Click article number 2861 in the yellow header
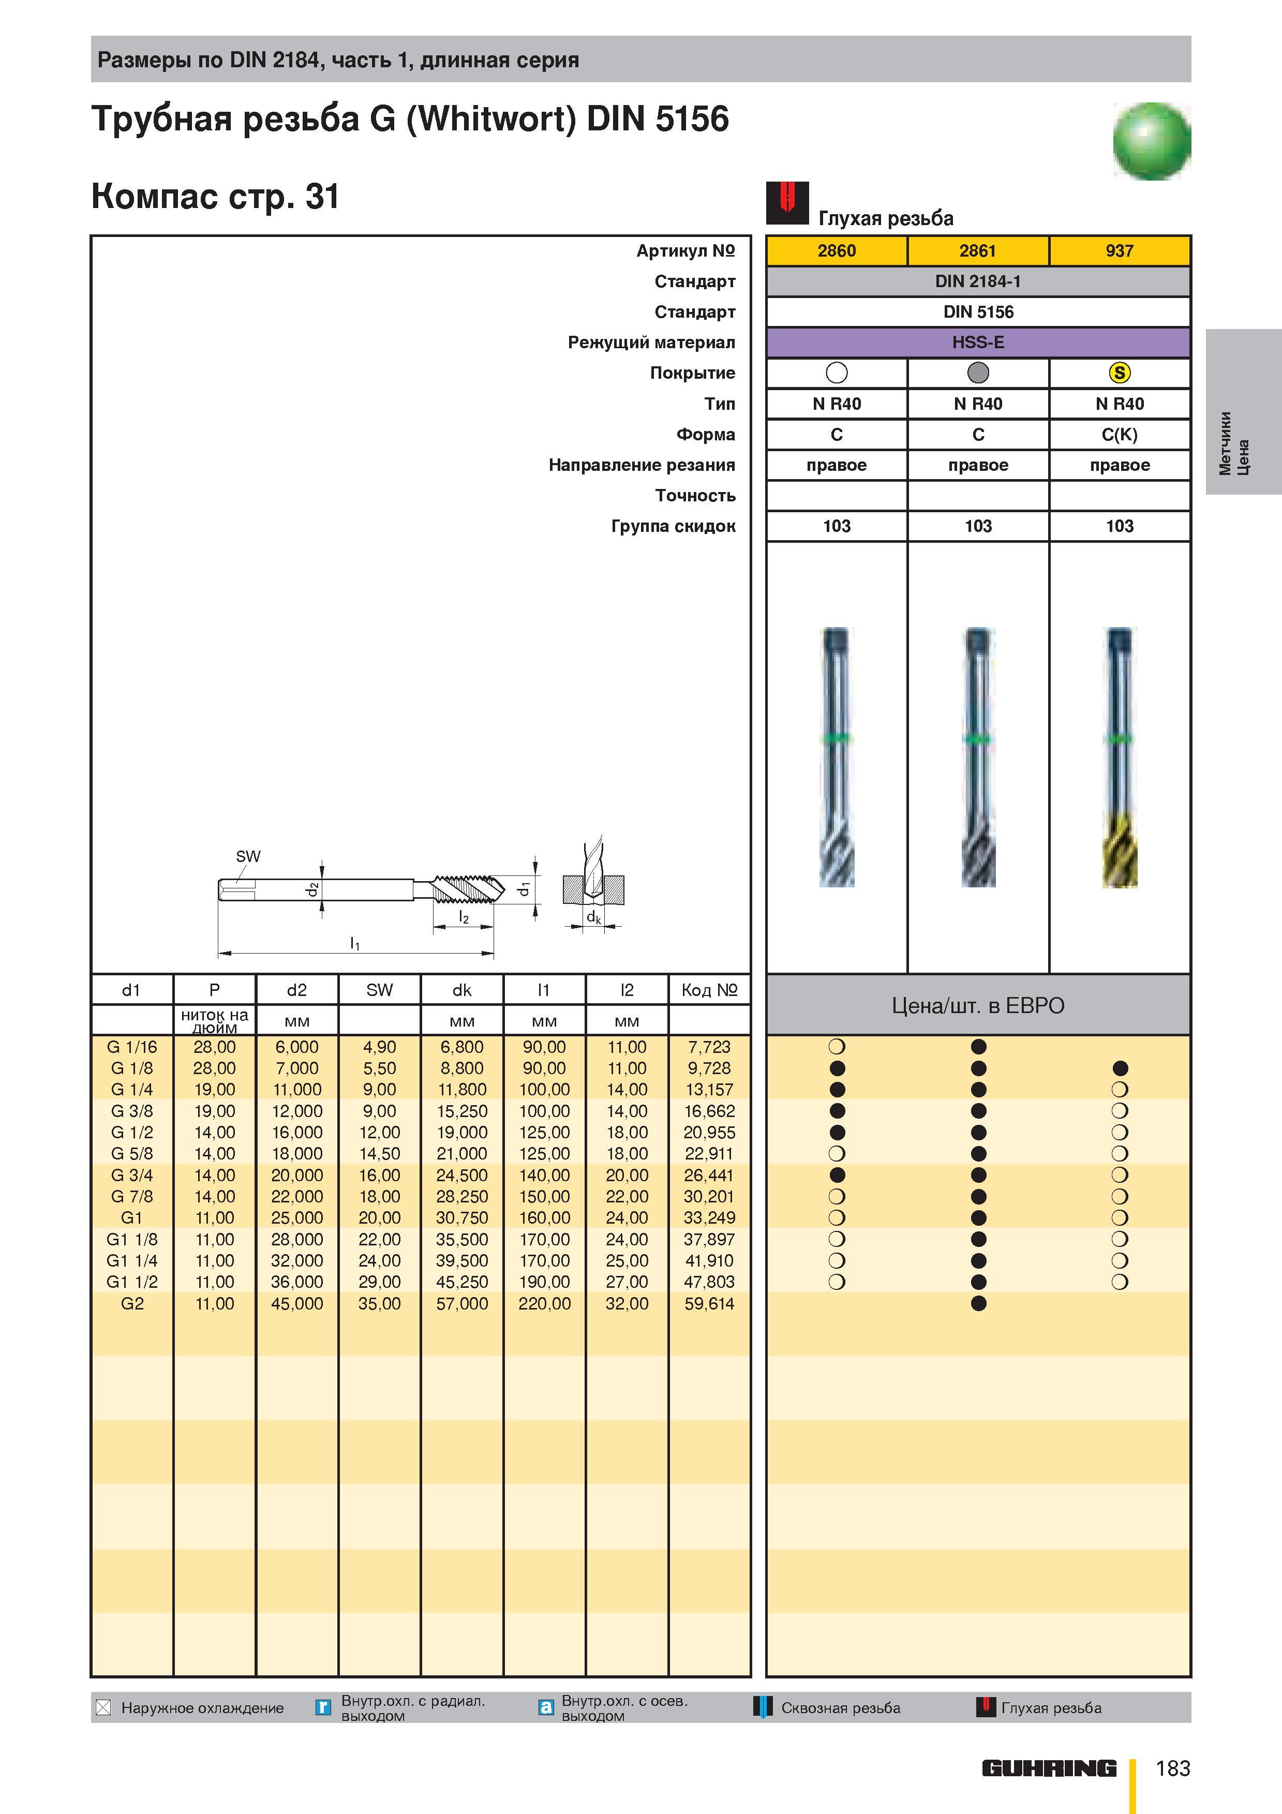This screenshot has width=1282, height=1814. click(x=978, y=250)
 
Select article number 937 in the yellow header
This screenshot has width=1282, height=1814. click(x=1119, y=250)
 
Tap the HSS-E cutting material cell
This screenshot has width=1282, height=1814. click(x=978, y=342)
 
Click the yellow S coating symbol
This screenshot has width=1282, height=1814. click(x=1119, y=373)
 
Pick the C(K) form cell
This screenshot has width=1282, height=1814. click(x=1119, y=435)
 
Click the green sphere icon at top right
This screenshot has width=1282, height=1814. click(x=1152, y=141)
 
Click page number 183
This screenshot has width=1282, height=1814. click(x=1173, y=1768)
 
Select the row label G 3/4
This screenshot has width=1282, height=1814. click(x=132, y=1175)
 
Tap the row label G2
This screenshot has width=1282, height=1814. click(x=132, y=1304)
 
